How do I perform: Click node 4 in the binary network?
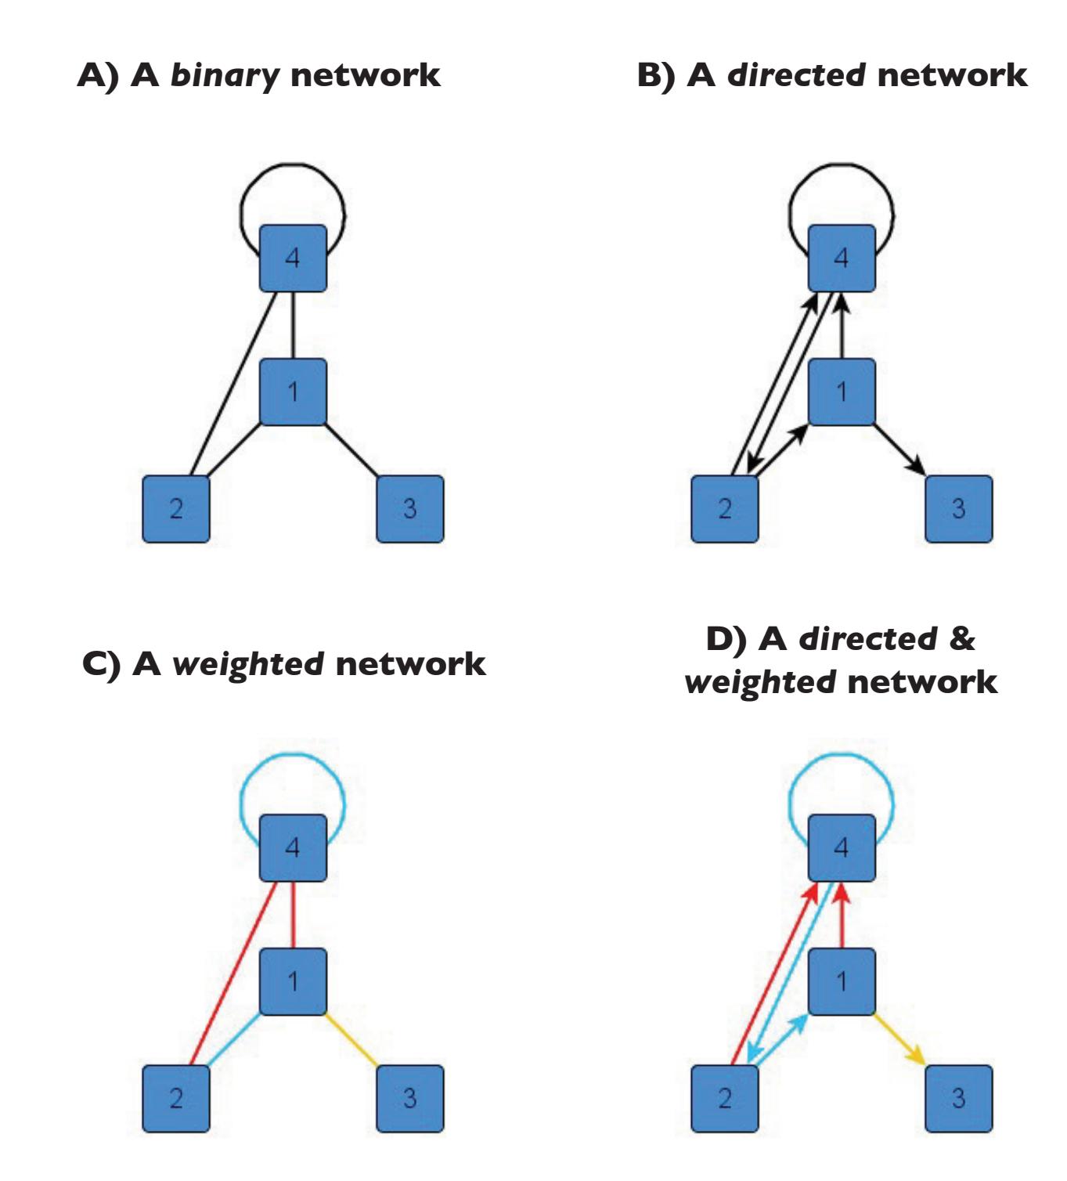point(293,258)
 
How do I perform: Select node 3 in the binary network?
point(410,509)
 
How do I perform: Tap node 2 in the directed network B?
point(725,509)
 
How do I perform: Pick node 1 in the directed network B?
point(842,392)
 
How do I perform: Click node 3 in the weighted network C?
point(410,1098)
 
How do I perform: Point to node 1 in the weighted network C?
point(293,981)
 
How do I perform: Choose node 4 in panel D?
point(842,847)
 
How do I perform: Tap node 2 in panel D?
point(725,1098)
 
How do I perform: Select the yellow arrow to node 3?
point(899,1038)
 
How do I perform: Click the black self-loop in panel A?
point(292,165)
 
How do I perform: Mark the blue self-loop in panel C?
point(292,755)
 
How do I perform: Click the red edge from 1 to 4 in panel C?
point(293,915)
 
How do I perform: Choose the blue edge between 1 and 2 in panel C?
point(233,1040)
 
